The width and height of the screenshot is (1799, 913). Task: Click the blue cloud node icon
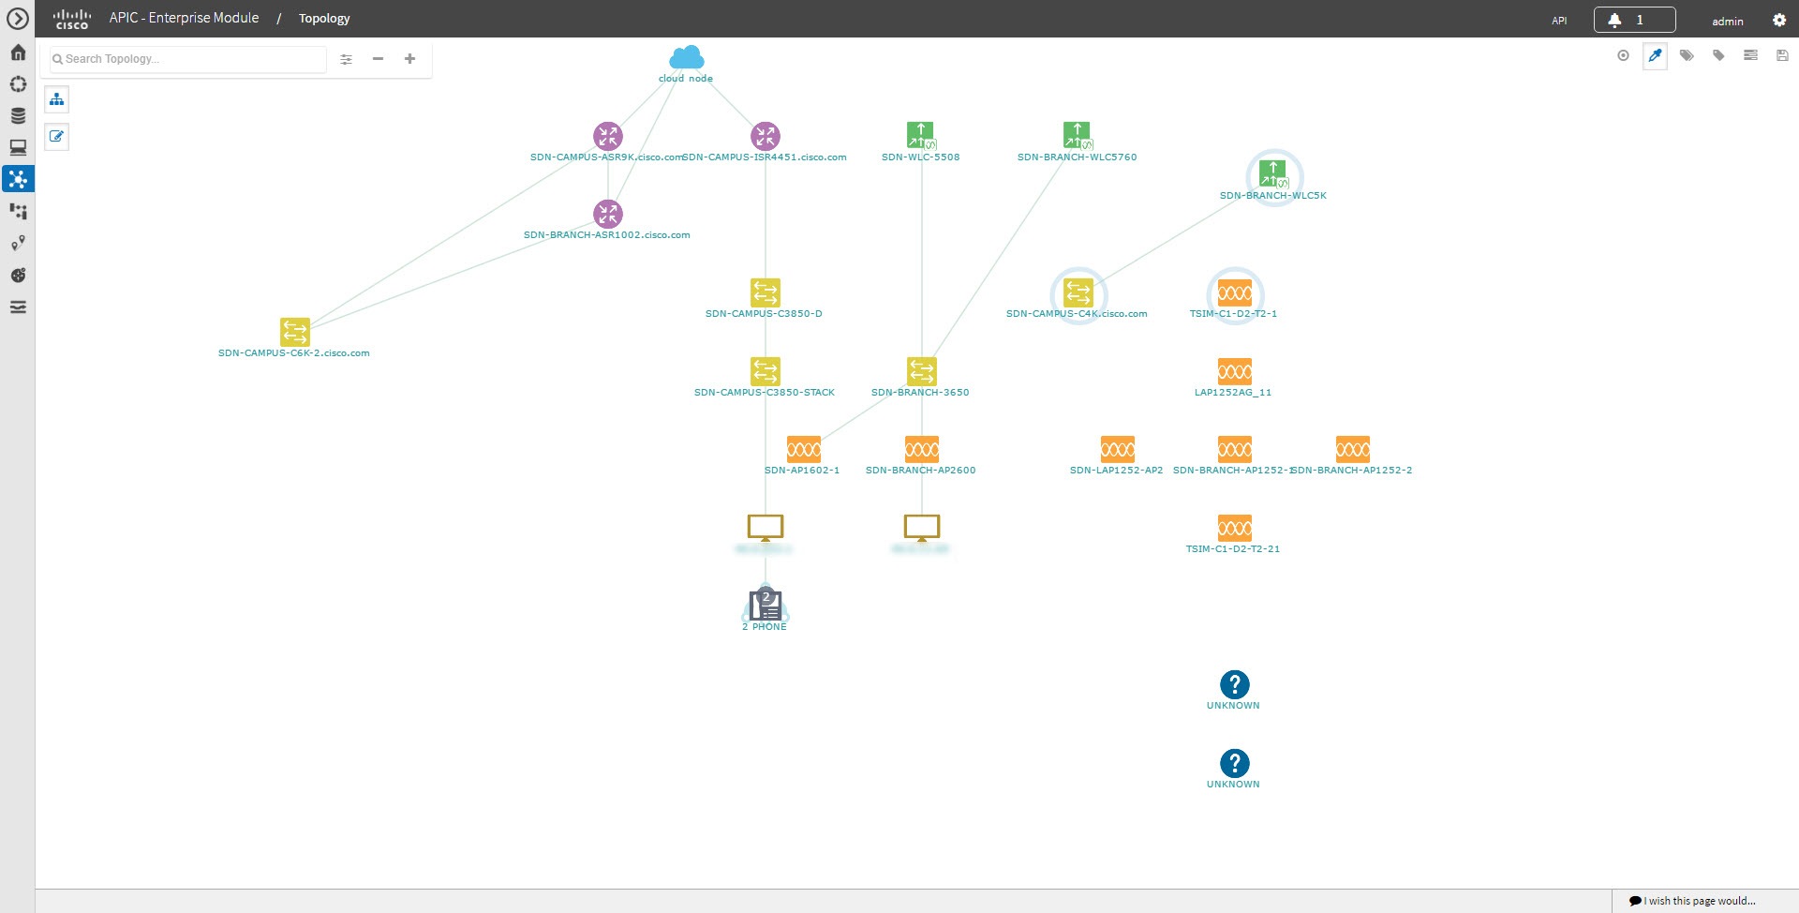[687, 57]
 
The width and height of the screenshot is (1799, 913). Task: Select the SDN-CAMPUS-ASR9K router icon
[608, 136]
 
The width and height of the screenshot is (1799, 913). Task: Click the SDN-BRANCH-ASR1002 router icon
[608, 214]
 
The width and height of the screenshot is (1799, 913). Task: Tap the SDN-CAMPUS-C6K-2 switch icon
[295, 332]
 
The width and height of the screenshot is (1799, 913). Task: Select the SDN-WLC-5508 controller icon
[921, 136]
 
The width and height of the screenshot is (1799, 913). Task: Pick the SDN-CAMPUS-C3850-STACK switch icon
[766, 371]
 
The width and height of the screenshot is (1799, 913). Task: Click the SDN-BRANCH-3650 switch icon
[922, 371]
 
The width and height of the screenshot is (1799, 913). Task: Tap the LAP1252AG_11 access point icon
[1234, 371]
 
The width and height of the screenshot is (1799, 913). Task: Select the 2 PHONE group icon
[766, 605]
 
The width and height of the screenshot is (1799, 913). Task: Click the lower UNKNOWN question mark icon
[1234, 763]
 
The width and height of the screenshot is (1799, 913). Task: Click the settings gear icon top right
[1779, 20]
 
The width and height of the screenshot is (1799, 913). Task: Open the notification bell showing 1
[1633, 20]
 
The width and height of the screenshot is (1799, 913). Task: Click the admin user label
[1727, 21]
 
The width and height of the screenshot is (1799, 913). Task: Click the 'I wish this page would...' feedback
[1693, 901]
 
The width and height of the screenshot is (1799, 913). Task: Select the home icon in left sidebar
[18, 52]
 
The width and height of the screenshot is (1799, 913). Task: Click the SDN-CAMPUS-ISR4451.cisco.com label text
[766, 157]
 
